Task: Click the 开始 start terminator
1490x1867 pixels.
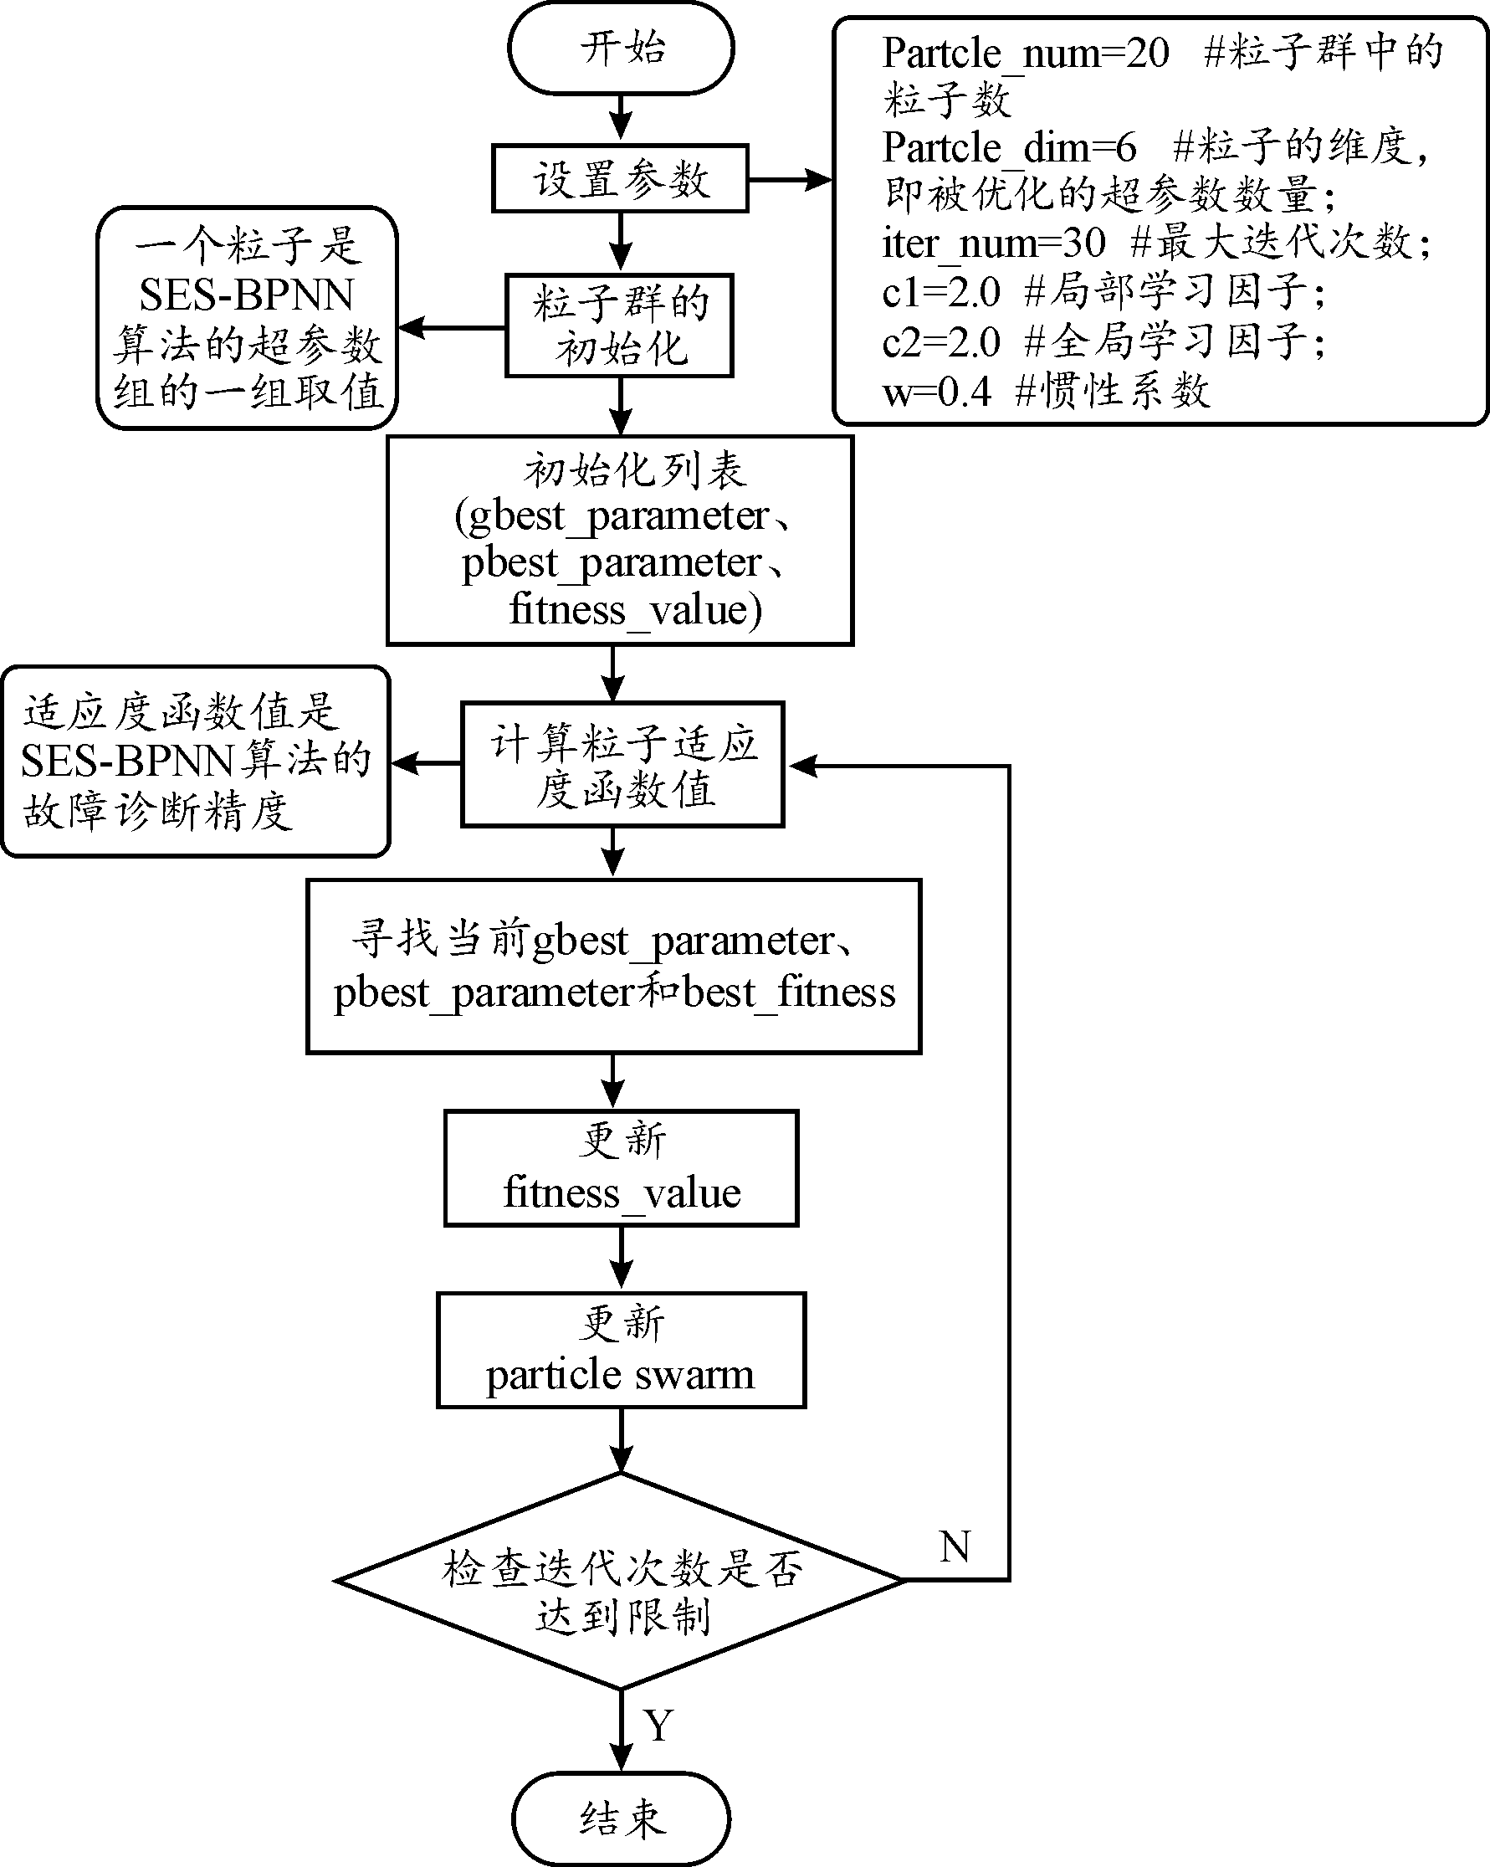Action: click(x=621, y=48)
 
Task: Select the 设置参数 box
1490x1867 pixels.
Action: click(x=620, y=179)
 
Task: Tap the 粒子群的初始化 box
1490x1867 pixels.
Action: click(x=620, y=326)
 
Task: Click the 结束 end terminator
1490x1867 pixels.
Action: click(x=621, y=1818)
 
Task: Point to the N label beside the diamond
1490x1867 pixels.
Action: click(x=954, y=1546)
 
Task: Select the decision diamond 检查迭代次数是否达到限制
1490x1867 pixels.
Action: click(x=620, y=1580)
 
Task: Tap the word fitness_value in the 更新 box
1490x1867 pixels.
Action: click(x=622, y=1193)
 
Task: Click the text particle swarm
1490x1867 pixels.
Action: click(x=620, y=1374)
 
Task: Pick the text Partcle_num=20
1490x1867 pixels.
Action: click(x=1025, y=54)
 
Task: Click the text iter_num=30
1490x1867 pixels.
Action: click(x=993, y=244)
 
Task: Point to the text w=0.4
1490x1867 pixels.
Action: click(x=936, y=392)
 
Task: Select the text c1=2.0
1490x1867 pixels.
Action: click(x=941, y=293)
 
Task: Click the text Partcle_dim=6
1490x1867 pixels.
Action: click(x=1009, y=148)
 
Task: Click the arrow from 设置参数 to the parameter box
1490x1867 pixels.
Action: click(x=790, y=180)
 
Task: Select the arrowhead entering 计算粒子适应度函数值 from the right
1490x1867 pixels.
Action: click(x=801, y=766)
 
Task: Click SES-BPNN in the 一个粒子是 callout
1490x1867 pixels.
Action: click(x=247, y=295)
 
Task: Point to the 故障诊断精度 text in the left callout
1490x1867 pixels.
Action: click(x=157, y=812)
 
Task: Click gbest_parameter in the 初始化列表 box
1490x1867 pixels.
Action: click(x=618, y=516)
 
